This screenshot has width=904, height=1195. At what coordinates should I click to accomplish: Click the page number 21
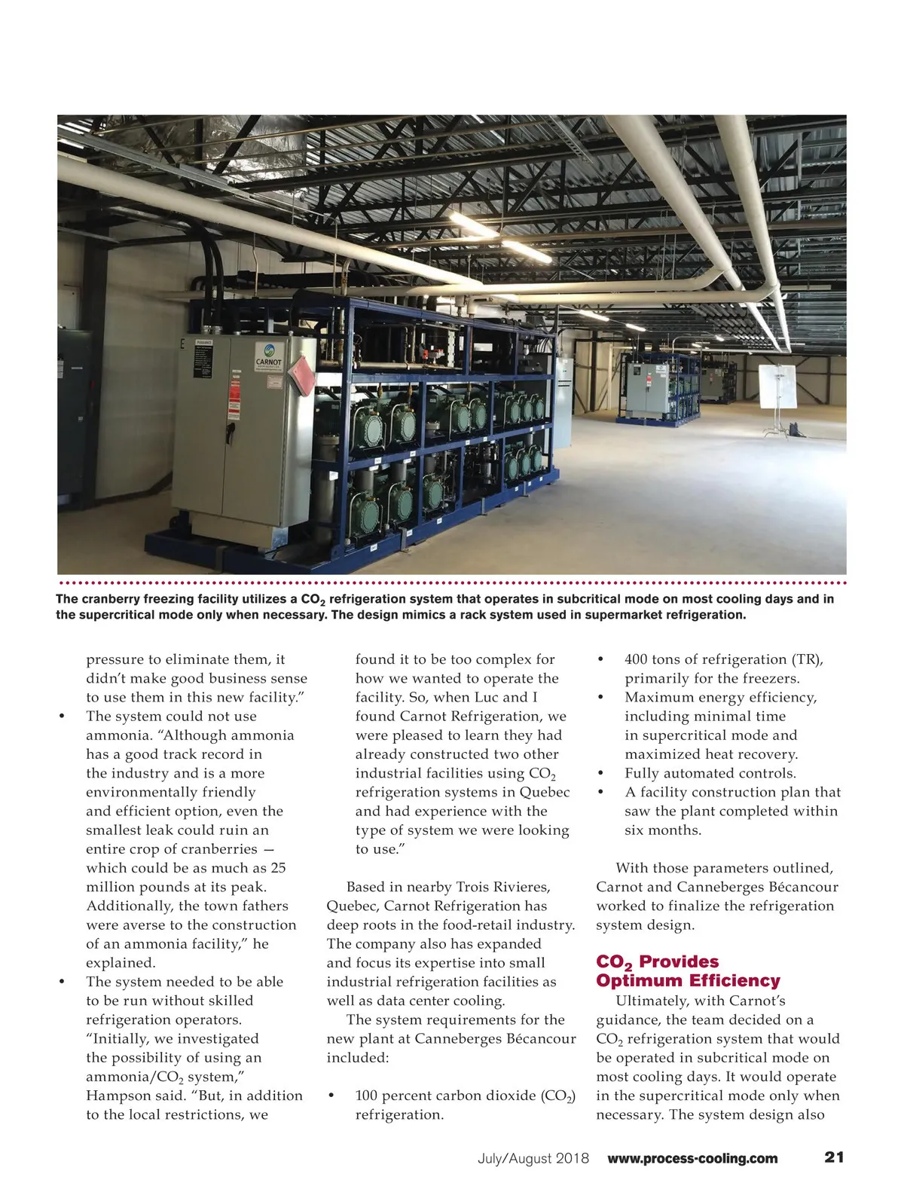pyautogui.click(x=834, y=1157)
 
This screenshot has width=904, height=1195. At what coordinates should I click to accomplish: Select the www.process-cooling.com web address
pyautogui.click(x=692, y=1158)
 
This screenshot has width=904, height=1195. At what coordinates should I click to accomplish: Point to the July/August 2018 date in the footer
pyautogui.click(x=533, y=1158)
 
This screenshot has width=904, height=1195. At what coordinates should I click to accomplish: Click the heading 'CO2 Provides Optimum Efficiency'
pyautogui.click(x=688, y=971)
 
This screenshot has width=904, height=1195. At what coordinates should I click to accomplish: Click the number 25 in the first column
pyautogui.click(x=278, y=868)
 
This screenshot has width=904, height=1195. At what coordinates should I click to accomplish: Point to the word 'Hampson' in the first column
pyautogui.click(x=114, y=1096)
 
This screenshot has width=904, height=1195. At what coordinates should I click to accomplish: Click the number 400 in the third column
pyautogui.click(x=637, y=659)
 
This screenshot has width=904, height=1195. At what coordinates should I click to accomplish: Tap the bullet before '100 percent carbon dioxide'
pyautogui.click(x=332, y=1096)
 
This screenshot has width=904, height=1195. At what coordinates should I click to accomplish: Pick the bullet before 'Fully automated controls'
pyautogui.click(x=601, y=773)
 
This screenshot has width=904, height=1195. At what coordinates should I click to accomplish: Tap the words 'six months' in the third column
pyautogui.click(x=663, y=830)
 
